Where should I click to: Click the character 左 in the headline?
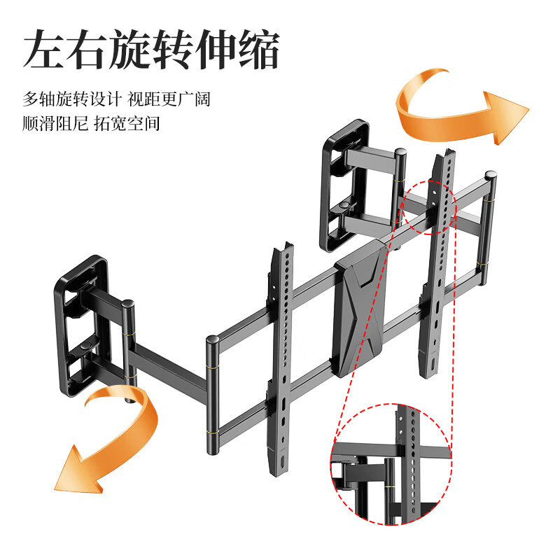coord(46,49)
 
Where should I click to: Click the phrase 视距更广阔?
coord(169,99)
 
